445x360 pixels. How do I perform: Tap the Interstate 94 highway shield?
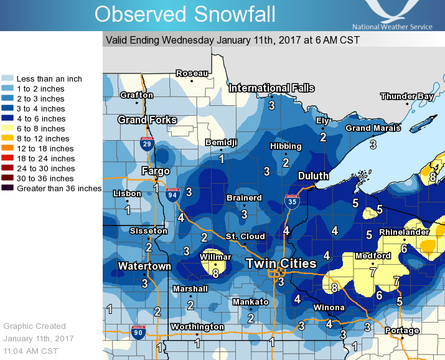[x=172, y=195]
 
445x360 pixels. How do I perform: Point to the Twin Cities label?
[x=281, y=263]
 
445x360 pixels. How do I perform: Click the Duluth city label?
[x=313, y=176]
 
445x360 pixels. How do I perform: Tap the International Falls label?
[x=272, y=88]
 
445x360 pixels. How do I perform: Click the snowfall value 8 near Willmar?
[x=215, y=272]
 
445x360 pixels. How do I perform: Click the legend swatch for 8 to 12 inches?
[x=8, y=138]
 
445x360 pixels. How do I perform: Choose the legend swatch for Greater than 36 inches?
[x=8, y=188]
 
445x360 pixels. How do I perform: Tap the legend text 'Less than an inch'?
[x=49, y=79]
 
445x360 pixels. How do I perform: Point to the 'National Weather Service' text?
[x=392, y=27]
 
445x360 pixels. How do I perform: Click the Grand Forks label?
[x=148, y=120]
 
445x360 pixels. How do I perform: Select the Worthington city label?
[x=198, y=327]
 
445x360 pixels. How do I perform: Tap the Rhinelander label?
[x=404, y=232]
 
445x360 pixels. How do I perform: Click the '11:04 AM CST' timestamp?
[x=32, y=351]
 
